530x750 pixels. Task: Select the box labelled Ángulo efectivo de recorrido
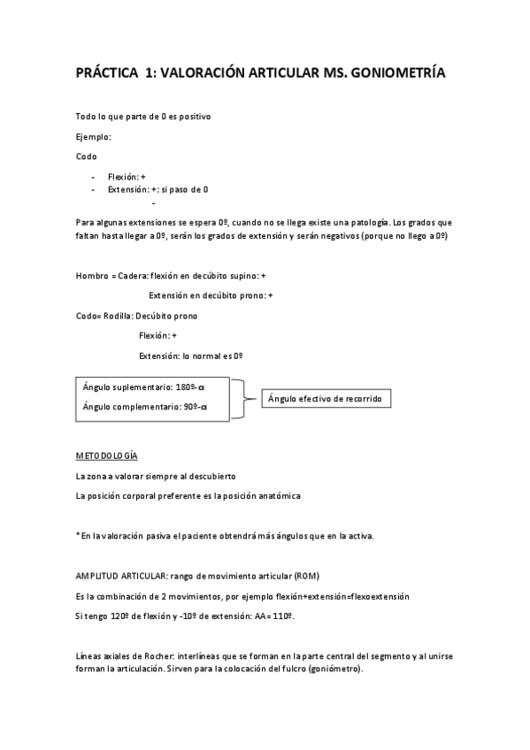click(x=326, y=400)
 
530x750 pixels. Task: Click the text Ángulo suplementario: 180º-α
click(x=143, y=387)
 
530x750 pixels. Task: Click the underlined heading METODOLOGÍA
click(x=107, y=455)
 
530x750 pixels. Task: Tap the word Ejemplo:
click(x=94, y=137)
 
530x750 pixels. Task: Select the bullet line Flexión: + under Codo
click(x=127, y=177)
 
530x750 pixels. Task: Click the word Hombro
click(x=92, y=276)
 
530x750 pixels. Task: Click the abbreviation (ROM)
click(x=317, y=575)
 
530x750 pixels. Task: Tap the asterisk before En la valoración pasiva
click(x=79, y=535)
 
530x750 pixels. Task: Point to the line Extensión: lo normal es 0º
click(x=191, y=356)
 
